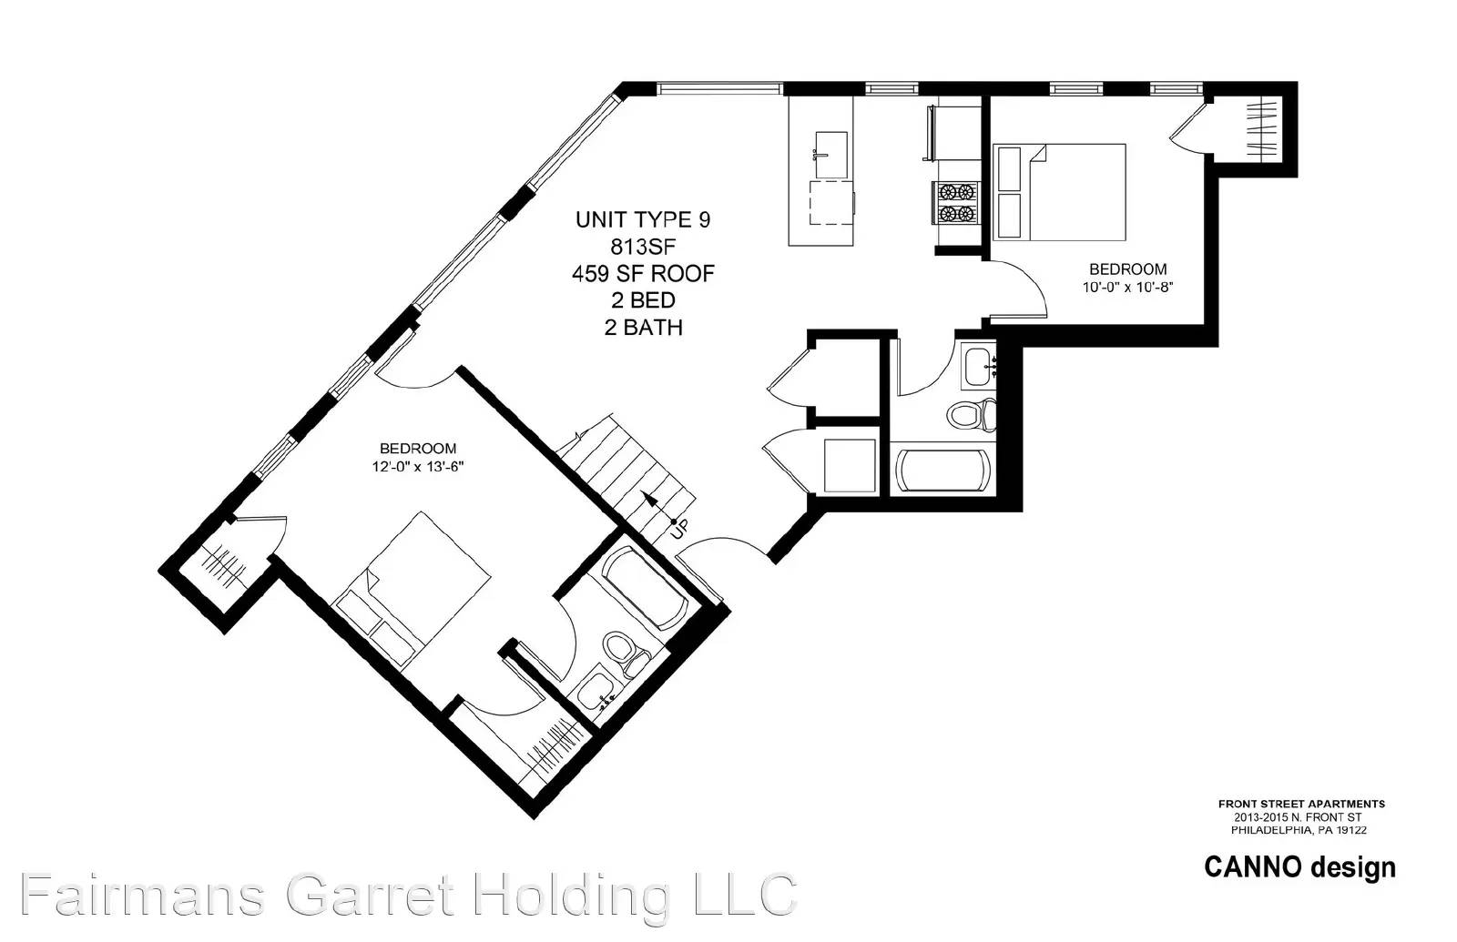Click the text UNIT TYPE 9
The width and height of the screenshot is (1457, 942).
click(x=643, y=219)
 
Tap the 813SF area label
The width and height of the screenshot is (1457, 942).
click(x=643, y=247)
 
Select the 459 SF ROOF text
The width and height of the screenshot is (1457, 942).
click(x=643, y=274)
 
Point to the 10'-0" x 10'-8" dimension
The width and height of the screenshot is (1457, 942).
click(x=1127, y=288)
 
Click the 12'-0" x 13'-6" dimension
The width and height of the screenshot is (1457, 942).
click(x=418, y=466)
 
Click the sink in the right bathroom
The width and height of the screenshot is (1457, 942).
click(x=980, y=368)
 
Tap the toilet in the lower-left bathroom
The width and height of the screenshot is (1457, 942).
click(x=626, y=653)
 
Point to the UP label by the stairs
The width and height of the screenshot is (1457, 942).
click(x=678, y=530)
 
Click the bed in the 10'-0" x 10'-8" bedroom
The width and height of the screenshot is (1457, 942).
click(x=1060, y=192)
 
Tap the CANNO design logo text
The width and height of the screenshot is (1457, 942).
click(x=1299, y=867)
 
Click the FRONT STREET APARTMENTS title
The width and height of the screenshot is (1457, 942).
click(x=1301, y=804)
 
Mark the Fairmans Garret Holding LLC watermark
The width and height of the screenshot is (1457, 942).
click(x=409, y=895)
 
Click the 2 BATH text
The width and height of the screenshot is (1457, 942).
click(x=643, y=327)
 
